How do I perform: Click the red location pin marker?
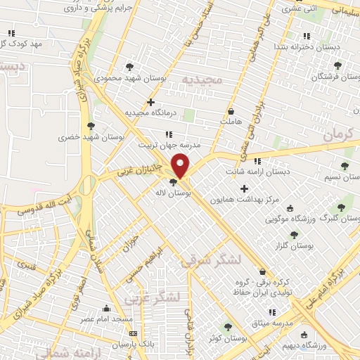tap(181, 166)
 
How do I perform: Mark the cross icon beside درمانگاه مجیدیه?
tap(150, 101)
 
